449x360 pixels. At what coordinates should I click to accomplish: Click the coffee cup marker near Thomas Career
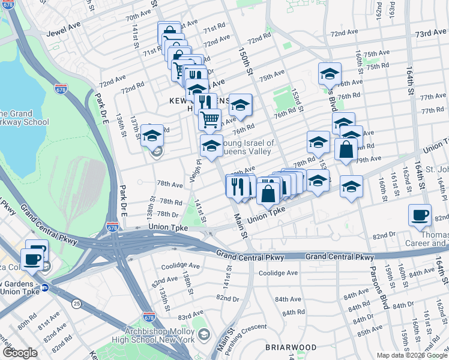click(x=420, y=214)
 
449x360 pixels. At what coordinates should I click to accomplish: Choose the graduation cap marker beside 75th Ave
click(x=330, y=74)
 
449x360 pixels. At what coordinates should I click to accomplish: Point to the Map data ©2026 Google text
click(x=412, y=355)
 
